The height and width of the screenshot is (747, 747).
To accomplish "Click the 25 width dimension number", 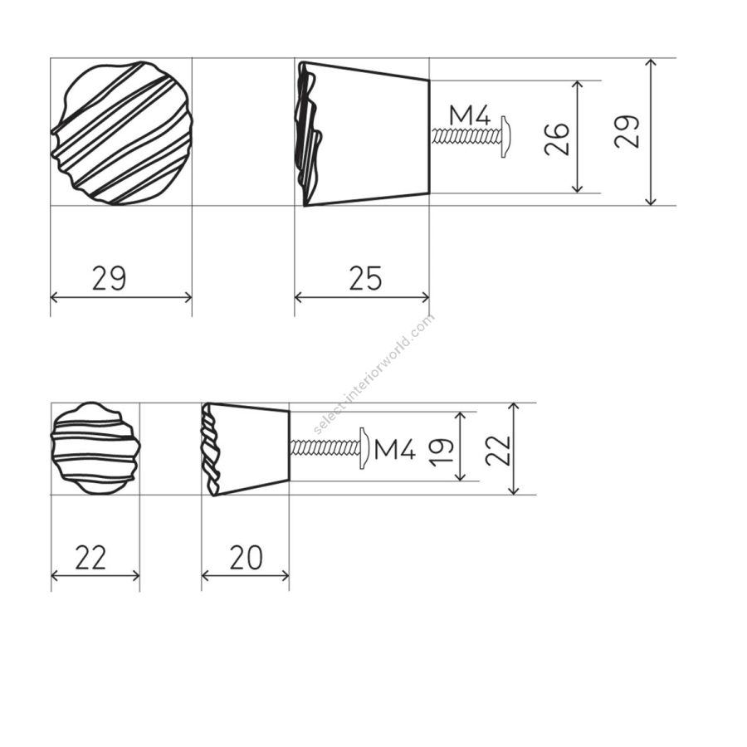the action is [365, 278].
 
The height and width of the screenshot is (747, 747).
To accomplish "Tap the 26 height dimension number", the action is [557, 139].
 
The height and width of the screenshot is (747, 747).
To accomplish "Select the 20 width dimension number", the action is [246, 558].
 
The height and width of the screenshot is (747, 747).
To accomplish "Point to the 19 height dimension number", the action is [441, 452].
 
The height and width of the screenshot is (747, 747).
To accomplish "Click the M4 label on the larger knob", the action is [470, 116].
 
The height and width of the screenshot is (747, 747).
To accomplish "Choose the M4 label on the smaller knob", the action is [395, 449].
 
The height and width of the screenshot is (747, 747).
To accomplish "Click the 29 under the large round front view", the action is [109, 278].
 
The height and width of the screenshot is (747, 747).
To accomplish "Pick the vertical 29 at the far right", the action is [627, 132].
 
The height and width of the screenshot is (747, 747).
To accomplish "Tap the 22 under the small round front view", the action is [90, 558].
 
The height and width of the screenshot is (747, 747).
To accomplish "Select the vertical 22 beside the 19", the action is [498, 450].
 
